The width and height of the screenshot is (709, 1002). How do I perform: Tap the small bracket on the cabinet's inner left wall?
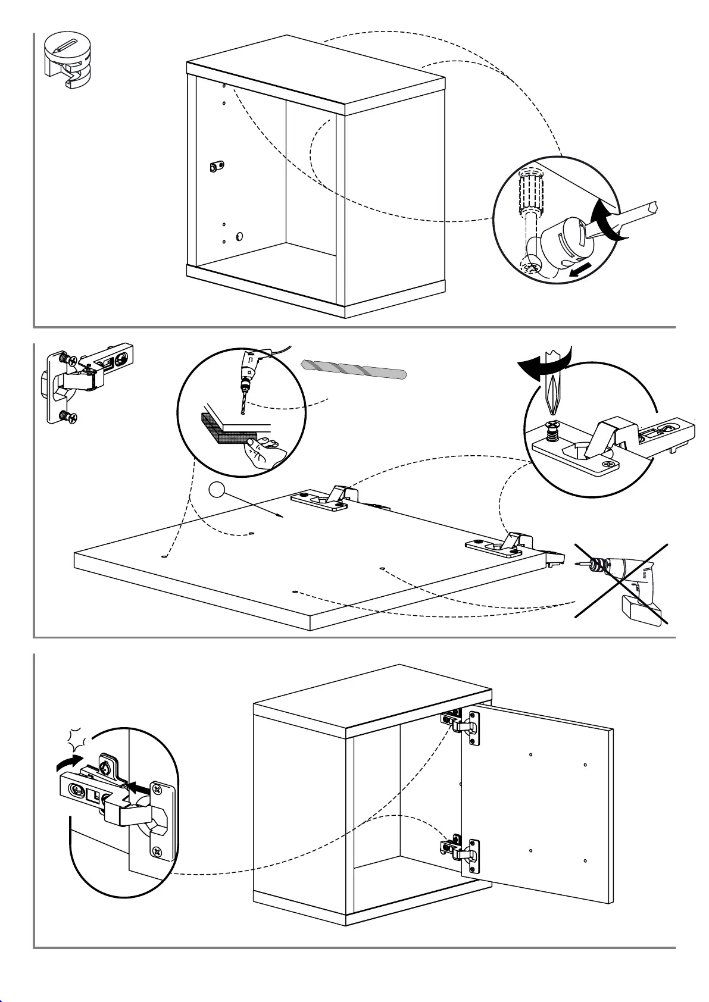point(217,167)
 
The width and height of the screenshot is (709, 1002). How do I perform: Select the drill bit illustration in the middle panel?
point(354,370)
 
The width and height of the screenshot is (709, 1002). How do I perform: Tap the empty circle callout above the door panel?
point(217,490)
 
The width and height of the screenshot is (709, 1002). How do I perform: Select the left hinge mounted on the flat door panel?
point(324,498)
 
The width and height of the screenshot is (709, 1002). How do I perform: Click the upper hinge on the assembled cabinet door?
point(461,725)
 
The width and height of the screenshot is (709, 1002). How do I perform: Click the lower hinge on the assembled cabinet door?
point(461,851)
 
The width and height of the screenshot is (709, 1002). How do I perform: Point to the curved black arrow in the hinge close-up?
point(68,762)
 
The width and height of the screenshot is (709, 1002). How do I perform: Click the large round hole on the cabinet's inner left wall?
point(239,236)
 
